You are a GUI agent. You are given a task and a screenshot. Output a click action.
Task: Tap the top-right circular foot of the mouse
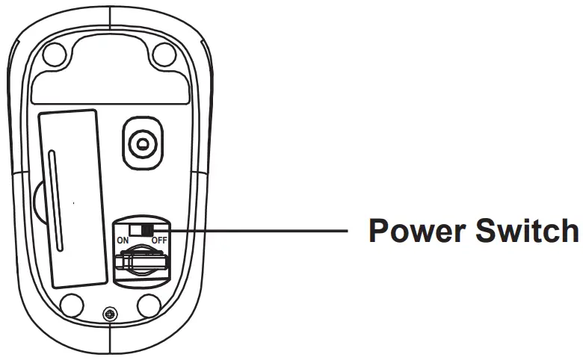point(163,53)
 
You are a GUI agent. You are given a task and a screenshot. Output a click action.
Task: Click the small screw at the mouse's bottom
point(111,314)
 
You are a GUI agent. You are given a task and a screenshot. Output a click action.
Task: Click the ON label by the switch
point(123,240)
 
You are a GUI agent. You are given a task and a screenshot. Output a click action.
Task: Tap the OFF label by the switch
point(158,240)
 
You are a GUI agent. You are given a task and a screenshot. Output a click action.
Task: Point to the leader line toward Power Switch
point(262,232)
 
